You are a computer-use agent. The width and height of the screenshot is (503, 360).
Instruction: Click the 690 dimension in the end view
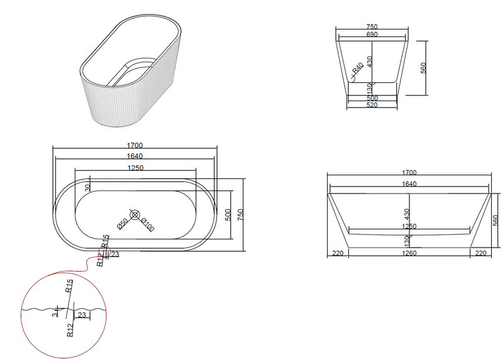point(372,35)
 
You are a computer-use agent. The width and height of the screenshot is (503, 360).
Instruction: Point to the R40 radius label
point(358,68)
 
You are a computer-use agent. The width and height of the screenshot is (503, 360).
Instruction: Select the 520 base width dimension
point(372,106)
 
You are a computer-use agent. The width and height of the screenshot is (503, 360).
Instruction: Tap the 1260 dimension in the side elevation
point(409,253)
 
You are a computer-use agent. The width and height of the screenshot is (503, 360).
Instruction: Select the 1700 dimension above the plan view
point(135,146)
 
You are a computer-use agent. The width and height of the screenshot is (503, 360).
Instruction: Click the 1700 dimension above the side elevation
point(409,172)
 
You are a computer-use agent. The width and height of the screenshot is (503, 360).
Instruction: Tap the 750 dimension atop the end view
point(372,27)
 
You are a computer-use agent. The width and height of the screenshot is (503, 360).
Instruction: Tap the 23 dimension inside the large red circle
point(82,315)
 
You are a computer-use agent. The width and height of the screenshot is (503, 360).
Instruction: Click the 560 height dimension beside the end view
point(424,68)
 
